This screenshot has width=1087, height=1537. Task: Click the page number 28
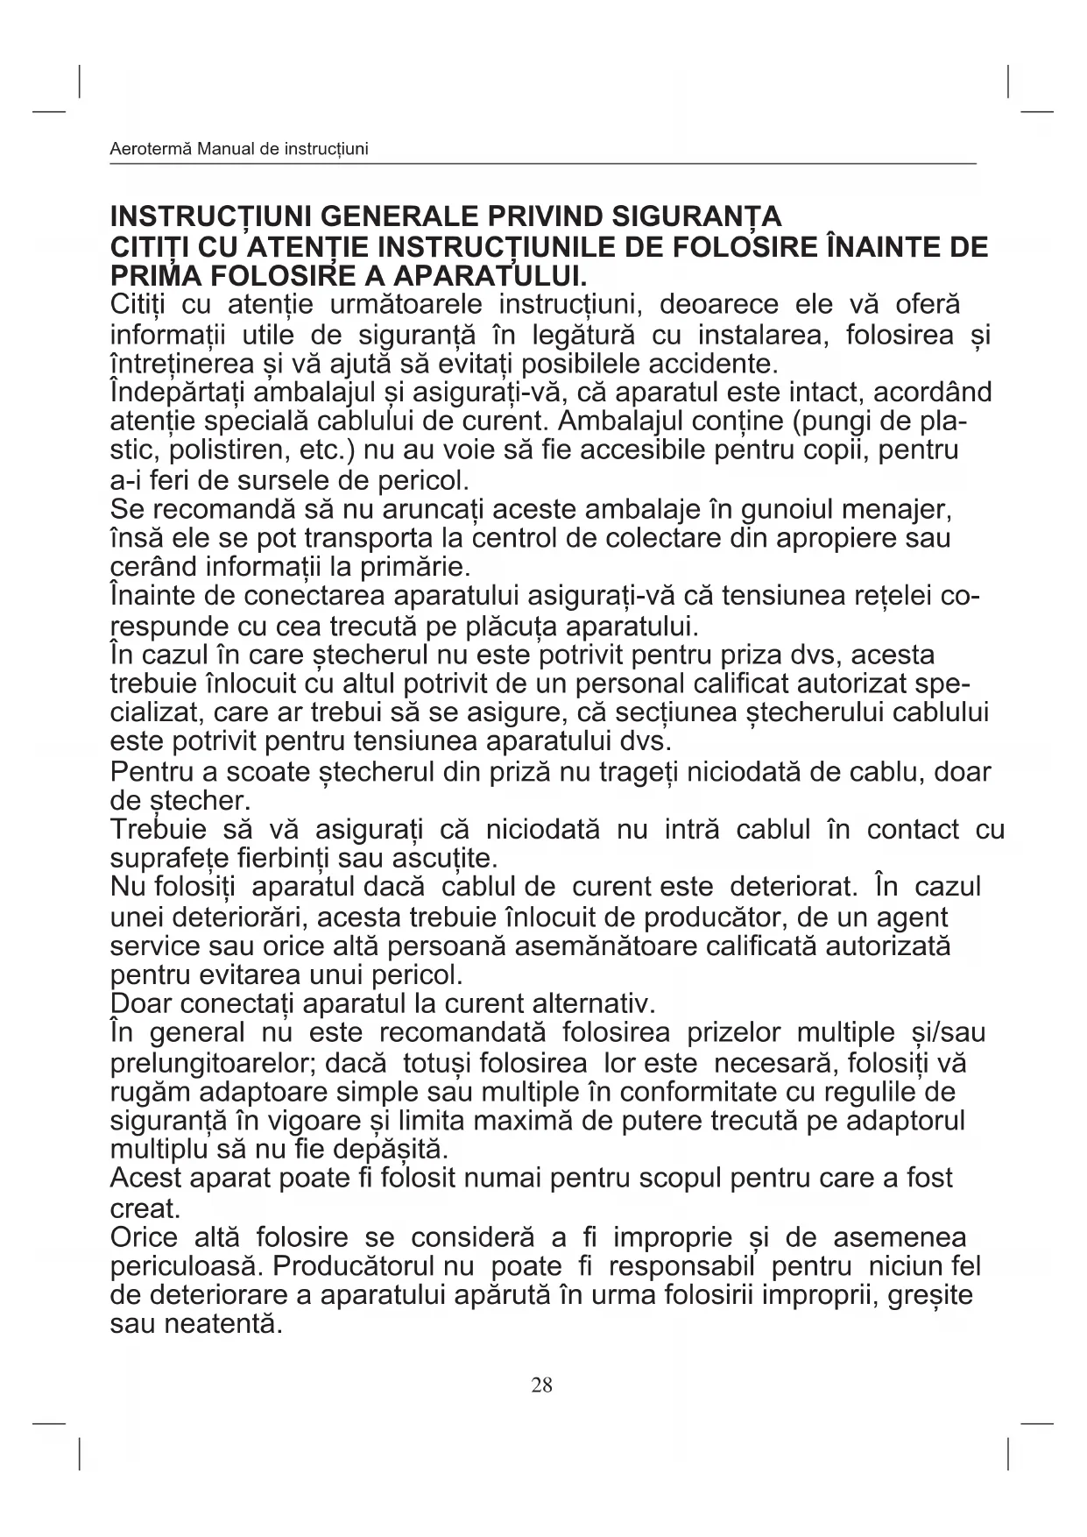[541, 1385]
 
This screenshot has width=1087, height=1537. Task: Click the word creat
[145, 1209]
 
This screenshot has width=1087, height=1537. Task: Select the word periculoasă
[187, 1267]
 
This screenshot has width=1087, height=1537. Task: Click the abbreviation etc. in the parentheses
[328, 450]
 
